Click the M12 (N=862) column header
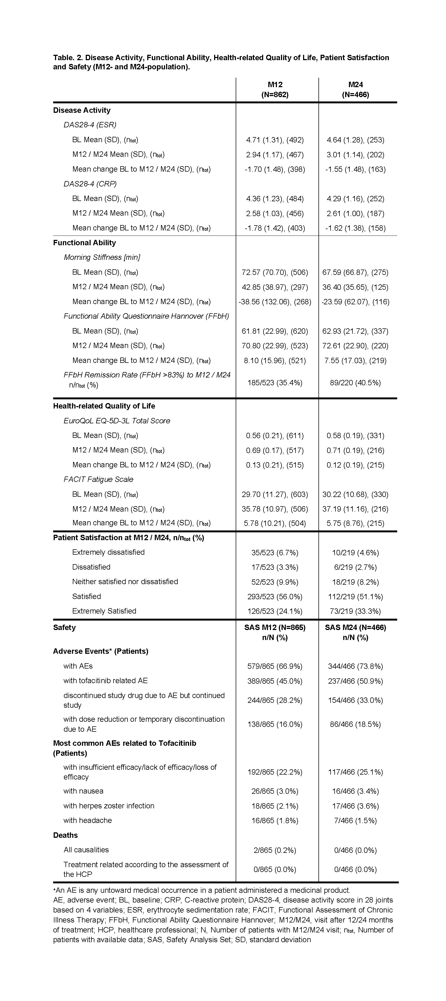(x=275, y=89)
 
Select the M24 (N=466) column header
(x=355, y=89)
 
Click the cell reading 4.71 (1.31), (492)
(x=275, y=140)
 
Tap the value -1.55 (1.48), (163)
(x=355, y=169)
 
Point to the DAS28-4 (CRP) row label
(x=90, y=184)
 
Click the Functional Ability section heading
(x=84, y=243)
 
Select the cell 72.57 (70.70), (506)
(x=275, y=273)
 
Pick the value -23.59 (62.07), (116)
(x=355, y=302)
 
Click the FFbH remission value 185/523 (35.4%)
(x=275, y=383)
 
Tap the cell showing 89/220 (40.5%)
(x=355, y=383)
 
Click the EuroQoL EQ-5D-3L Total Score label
(x=117, y=421)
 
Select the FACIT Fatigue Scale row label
(x=98, y=479)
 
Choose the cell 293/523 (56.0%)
(x=275, y=597)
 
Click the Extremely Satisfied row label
(x=104, y=611)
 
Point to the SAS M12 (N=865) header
(x=275, y=628)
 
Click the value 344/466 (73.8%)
(x=355, y=666)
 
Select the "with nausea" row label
(x=84, y=791)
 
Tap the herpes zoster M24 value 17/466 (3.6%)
(x=355, y=806)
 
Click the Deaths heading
(x=65, y=835)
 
